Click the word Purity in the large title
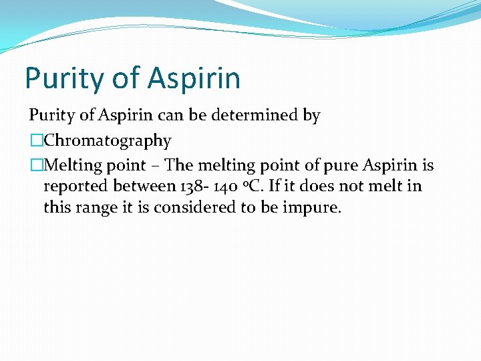tap(59, 78)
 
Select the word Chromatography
tap(108, 141)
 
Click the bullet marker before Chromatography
tap(36, 141)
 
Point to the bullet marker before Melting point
tap(36, 164)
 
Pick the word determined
tap(266, 116)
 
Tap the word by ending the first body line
tap(312, 116)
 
